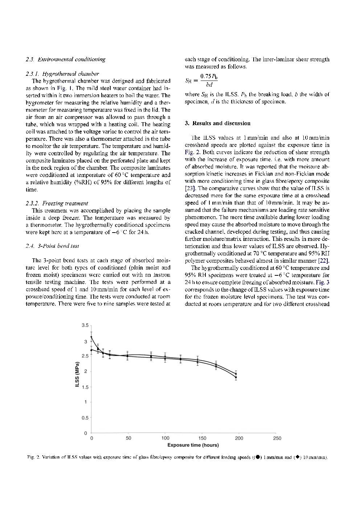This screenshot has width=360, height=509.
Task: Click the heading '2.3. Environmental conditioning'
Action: tap(66, 59)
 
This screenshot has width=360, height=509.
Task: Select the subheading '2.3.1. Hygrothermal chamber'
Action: tap(62, 74)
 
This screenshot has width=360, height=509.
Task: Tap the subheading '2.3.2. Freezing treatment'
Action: tap(57, 203)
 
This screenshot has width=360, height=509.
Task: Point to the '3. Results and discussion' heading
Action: tap(217, 123)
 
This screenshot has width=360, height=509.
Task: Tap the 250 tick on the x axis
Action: tap(277, 438)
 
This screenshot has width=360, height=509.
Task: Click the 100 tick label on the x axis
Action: tap(165, 438)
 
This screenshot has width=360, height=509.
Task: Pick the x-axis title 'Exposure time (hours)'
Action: tap(193, 445)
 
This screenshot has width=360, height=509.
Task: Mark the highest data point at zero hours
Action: tap(91, 337)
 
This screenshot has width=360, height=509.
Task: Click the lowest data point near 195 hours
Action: tap(236, 377)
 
